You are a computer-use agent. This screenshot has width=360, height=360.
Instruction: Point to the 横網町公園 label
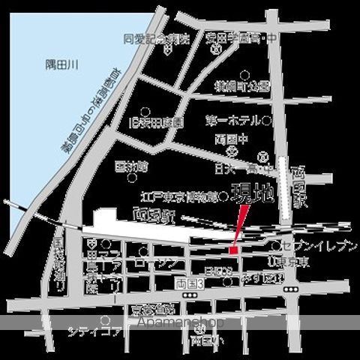click(x=241, y=86)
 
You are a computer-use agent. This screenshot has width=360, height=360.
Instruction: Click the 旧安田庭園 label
click(x=156, y=121)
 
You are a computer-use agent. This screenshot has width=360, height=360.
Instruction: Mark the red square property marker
click(x=233, y=249)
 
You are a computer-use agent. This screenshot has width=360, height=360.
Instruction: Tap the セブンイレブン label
click(x=317, y=245)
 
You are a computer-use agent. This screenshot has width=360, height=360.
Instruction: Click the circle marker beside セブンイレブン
click(x=277, y=245)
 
